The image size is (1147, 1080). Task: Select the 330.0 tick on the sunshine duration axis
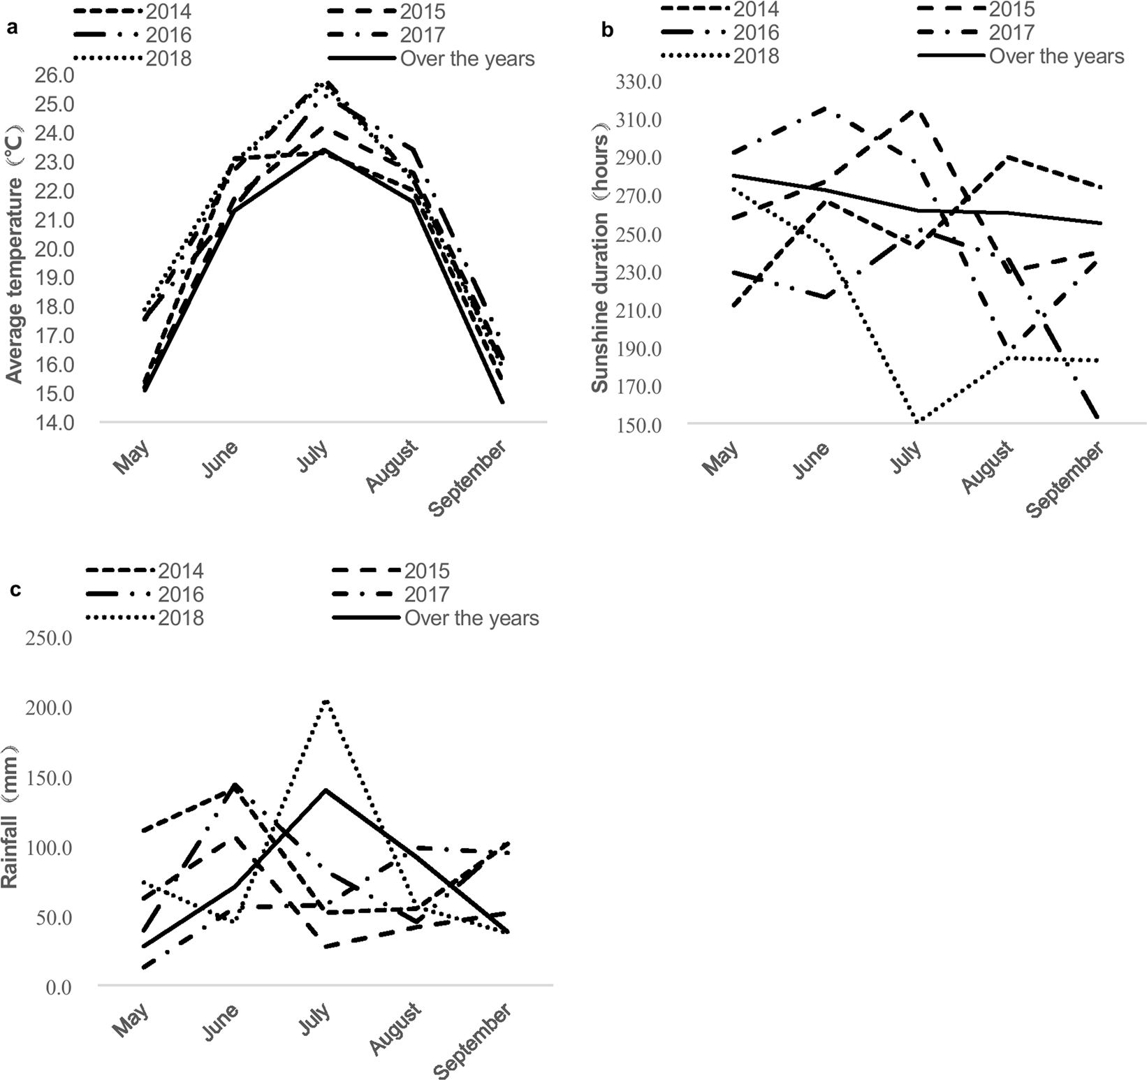[638, 82]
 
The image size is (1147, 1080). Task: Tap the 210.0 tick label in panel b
[638, 311]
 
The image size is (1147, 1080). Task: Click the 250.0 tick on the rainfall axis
[49, 638]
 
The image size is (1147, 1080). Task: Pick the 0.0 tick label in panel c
[57, 987]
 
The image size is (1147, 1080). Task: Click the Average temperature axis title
[14, 254]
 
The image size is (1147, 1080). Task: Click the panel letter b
[607, 30]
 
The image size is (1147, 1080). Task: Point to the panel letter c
[15, 590]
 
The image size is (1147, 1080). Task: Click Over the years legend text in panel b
[1056, 57]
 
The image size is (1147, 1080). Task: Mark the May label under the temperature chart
[132, 457]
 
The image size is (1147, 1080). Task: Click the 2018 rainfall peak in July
[326, 701]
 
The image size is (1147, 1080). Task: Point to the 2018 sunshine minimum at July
[916, 422]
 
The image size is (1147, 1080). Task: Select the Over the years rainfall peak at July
[326, 790]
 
